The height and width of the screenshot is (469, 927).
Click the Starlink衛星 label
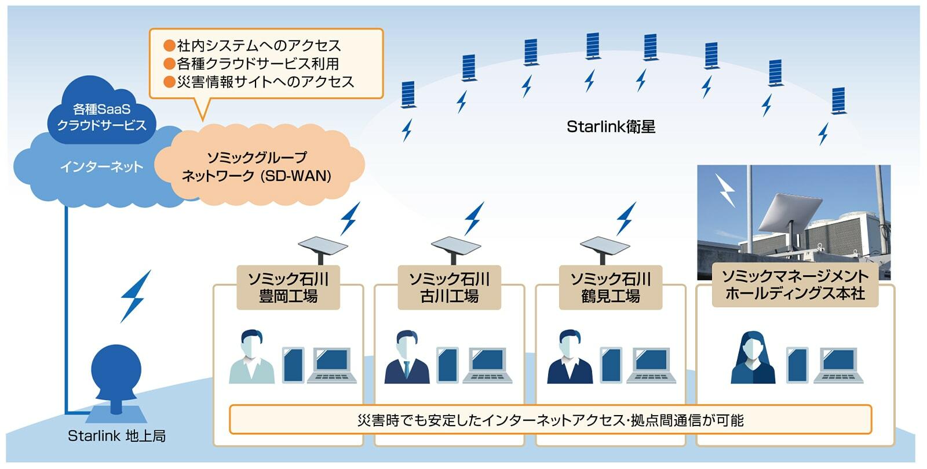coord(611,127)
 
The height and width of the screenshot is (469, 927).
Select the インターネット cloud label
coord(101,168)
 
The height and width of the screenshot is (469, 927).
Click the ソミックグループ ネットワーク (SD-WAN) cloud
coord(257,166)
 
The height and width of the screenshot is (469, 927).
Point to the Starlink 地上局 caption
coord(116,436)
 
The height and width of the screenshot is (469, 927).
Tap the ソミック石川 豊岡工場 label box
coord(288,288)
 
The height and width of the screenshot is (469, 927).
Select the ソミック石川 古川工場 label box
coord(449,288)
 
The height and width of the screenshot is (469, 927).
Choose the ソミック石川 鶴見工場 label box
coord(610,288)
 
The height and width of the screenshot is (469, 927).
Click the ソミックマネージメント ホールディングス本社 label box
coord(795,285)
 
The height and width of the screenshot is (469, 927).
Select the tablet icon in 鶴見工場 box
coord(611,365)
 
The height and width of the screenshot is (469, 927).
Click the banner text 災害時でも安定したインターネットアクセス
coord(550,420)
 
